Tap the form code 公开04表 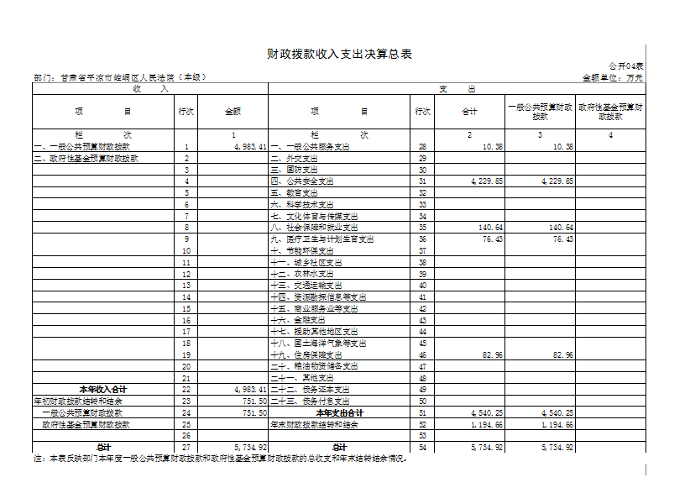coord(625,66)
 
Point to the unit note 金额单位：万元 coord(612,77)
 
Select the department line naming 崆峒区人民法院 coord(120,77)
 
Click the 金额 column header coord(233,112)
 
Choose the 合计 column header coord(469,112)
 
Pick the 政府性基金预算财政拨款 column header coord(610,112)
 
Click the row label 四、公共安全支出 coord(303,181)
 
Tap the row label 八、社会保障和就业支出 coord(314,228)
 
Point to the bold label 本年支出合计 coord(339,413)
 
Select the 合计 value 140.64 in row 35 coord(492,228)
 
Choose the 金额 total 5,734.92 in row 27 coord(250,448)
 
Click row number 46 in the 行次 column coord(422,355)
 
